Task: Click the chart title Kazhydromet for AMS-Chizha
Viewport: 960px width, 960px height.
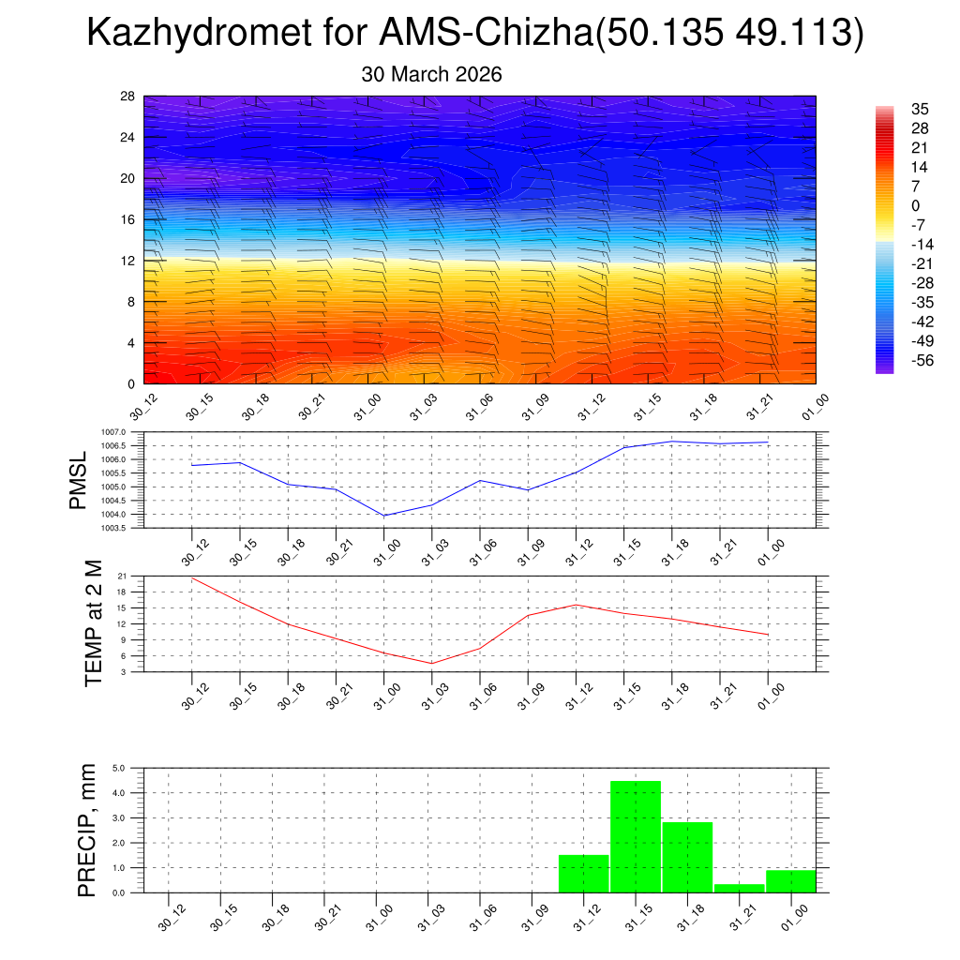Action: click(x=474, y=35)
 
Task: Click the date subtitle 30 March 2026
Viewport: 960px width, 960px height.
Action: click(x=431, y=75)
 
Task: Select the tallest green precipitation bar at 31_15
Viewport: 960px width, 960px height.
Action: click(x=636, y=836)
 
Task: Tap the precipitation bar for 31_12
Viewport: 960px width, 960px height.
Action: click(x=583, y=873)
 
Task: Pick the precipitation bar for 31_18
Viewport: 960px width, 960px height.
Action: click(x=687, y=857)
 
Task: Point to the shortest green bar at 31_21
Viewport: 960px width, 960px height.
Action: click(x=739, y=888)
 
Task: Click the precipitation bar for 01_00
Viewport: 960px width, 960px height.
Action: click(x=790, y=881)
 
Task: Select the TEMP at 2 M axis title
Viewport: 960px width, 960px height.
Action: click(x=92, y=622)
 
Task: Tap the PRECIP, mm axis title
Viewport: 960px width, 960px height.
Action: click(x=87, y=831)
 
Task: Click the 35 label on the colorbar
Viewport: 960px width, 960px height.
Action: click(x=919, y=109)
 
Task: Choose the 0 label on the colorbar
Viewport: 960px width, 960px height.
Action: click(x=915, y=206)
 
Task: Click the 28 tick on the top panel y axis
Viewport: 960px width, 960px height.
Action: click(x=128, y=97)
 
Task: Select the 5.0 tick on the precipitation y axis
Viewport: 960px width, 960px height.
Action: click(x=120, y=768)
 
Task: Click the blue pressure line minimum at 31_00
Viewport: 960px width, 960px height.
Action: click(x=384, y=516)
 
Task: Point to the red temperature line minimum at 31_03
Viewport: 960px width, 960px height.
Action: click(x=431, y=664)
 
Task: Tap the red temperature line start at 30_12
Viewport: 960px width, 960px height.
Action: click(x=192, y=577)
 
